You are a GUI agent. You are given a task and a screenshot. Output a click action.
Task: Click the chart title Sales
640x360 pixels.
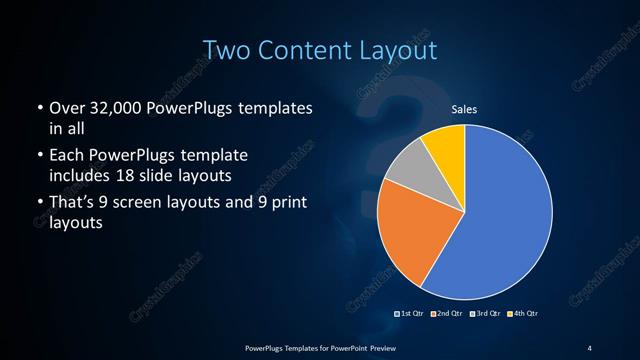[x=463, y=109]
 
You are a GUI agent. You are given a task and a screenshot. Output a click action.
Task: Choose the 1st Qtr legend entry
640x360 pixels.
[x=411, y=314]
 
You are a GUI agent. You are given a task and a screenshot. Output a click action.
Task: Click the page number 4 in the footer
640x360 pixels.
[x=588, y=347]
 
